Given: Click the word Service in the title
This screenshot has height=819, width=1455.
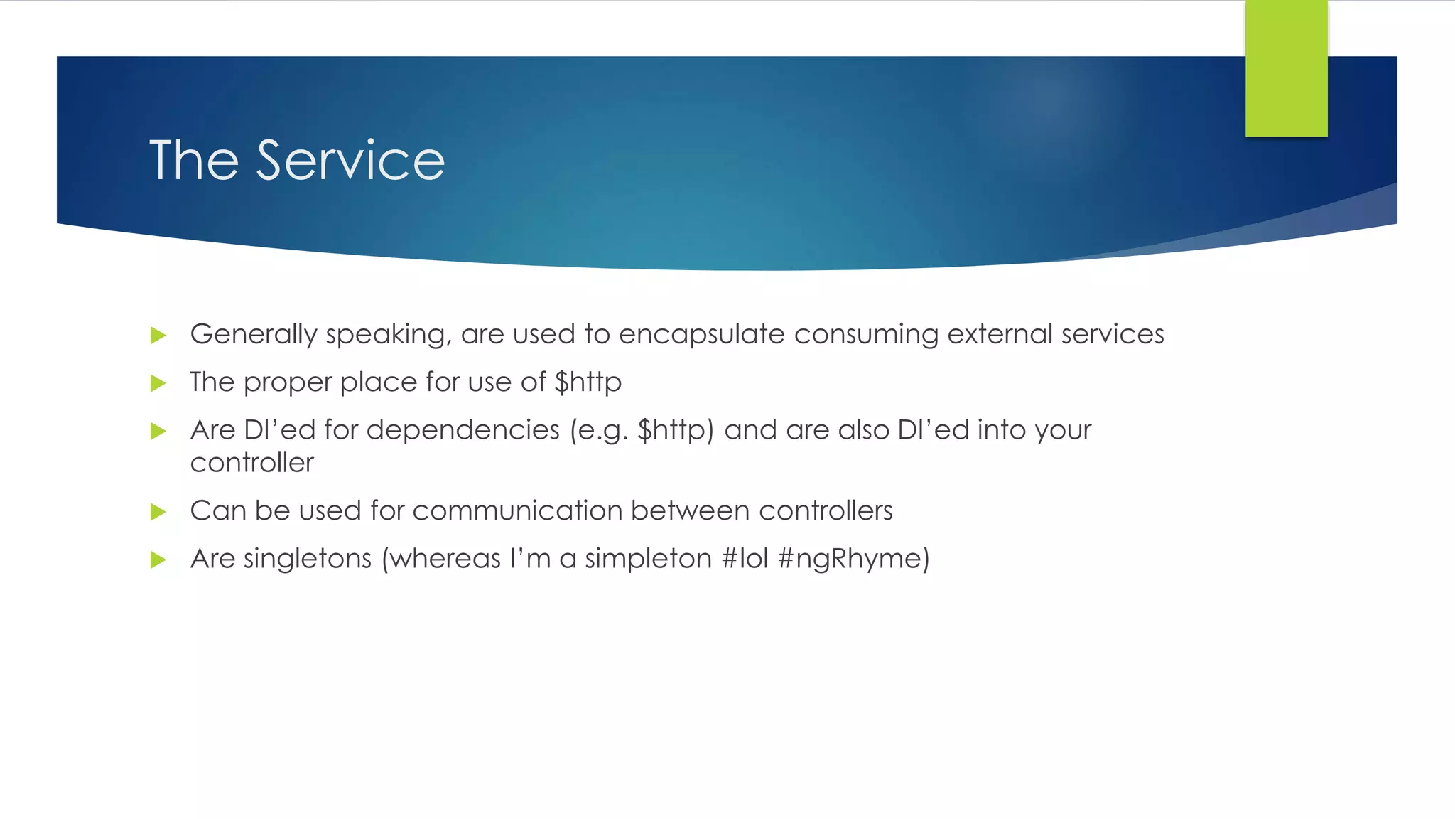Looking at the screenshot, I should (x=350, y=161).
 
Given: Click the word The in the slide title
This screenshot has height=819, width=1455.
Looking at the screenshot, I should (x=193, y=161).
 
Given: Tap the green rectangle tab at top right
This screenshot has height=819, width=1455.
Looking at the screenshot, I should (x=1286, y=68).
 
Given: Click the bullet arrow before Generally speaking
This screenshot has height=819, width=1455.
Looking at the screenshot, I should (x=158, y=336).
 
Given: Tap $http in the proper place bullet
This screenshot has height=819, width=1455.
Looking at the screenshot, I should (x=588, y=383).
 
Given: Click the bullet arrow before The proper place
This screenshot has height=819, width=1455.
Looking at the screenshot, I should (x=158, y=384).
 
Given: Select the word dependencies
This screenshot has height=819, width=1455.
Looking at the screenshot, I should (x=463, y=430).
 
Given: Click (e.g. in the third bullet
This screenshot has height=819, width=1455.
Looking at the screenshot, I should (x=599, y=431).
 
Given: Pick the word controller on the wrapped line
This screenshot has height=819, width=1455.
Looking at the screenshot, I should (x=251, y=464).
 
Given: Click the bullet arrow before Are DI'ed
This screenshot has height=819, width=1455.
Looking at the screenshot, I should (x=158, y=432).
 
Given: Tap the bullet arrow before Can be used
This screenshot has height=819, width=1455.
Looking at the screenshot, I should (x=158, y=512).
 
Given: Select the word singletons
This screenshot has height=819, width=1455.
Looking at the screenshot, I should (x=308, y=559).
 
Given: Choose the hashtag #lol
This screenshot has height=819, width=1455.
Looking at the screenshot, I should (x=745, y=559).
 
